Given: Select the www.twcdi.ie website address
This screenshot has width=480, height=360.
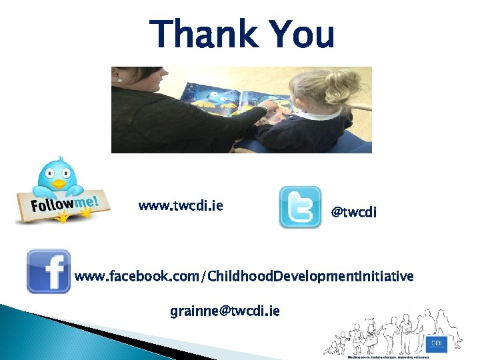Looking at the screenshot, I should click(x=180, y=205).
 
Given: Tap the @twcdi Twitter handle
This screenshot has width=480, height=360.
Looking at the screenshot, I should click(x=354, y=212).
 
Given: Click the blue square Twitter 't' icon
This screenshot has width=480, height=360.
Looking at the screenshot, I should click(x=300, y=207).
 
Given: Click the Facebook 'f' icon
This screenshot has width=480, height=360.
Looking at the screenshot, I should click(x=49, y=271).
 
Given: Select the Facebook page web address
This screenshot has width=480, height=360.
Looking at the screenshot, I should click(x=243, y=276).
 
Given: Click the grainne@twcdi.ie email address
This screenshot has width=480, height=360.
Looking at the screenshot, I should click(x=225, y=311).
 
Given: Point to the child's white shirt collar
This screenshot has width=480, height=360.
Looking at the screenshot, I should click(x=317, y=115).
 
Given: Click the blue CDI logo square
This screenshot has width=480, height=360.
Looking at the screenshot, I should click(x=436, y=343).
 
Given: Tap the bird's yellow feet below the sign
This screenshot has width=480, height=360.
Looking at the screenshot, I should click(x=64, y=217).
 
